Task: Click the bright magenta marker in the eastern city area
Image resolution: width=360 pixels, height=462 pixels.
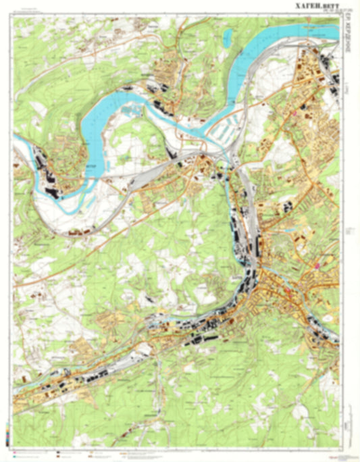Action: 315,265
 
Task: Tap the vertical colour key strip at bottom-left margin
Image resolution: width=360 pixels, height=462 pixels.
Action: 7,432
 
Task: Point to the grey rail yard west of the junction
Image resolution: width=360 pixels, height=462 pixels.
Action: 145,177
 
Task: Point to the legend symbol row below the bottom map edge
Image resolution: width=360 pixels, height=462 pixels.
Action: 101,450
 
